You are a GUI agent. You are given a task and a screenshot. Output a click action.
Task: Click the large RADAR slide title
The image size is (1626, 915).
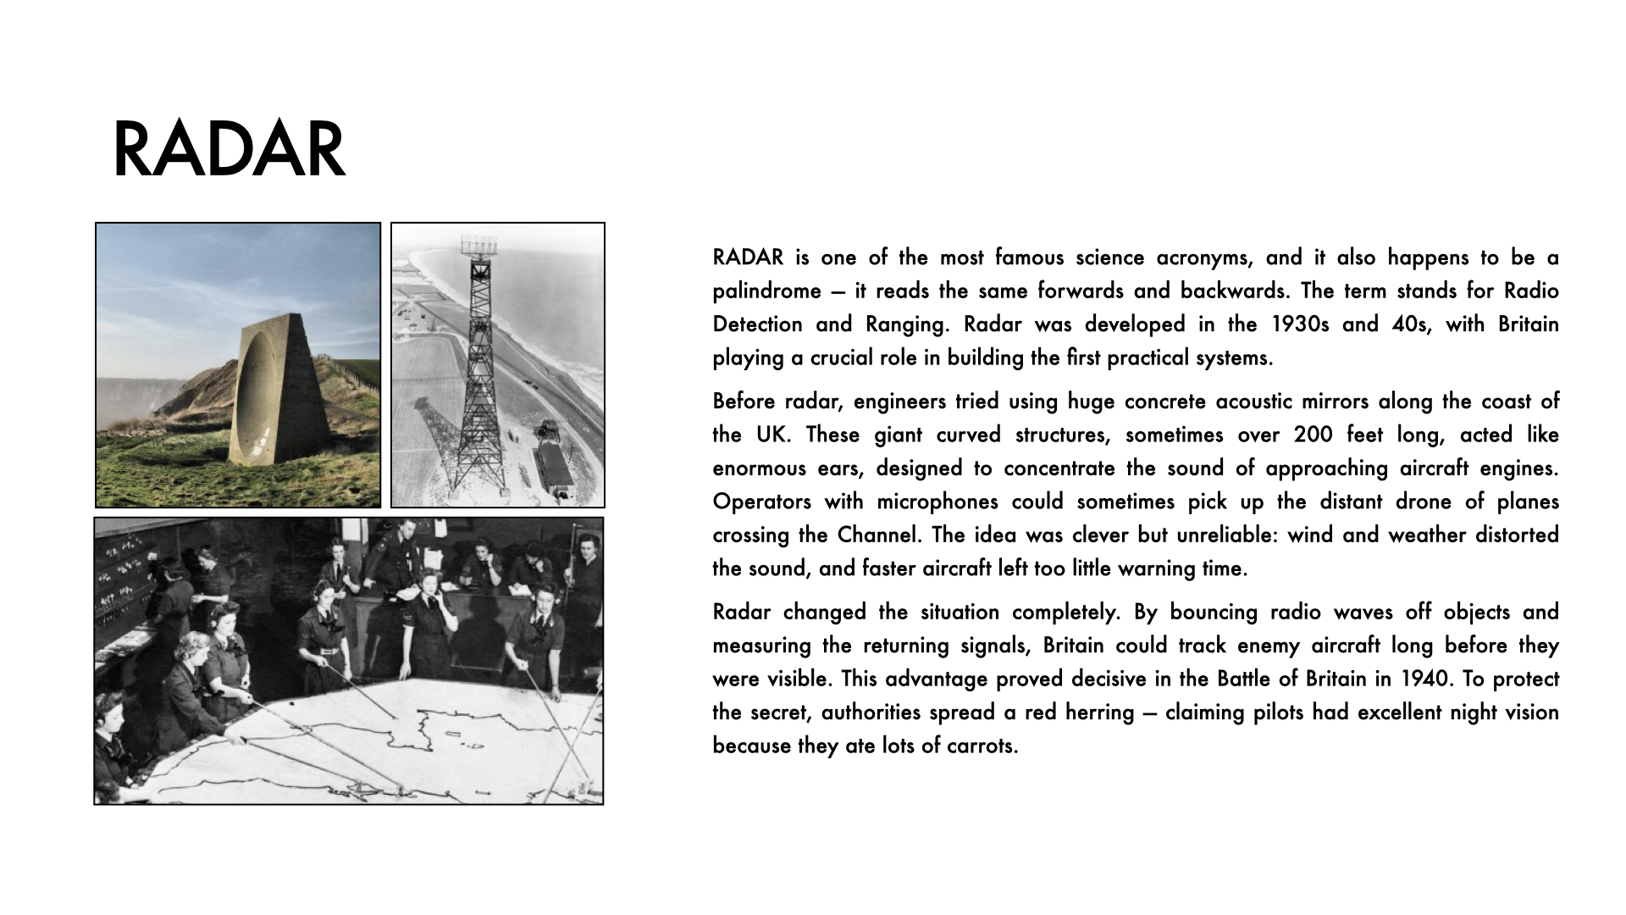coord(229,150)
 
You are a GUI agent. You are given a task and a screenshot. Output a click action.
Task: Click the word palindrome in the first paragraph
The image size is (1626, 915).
coord(767,291)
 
